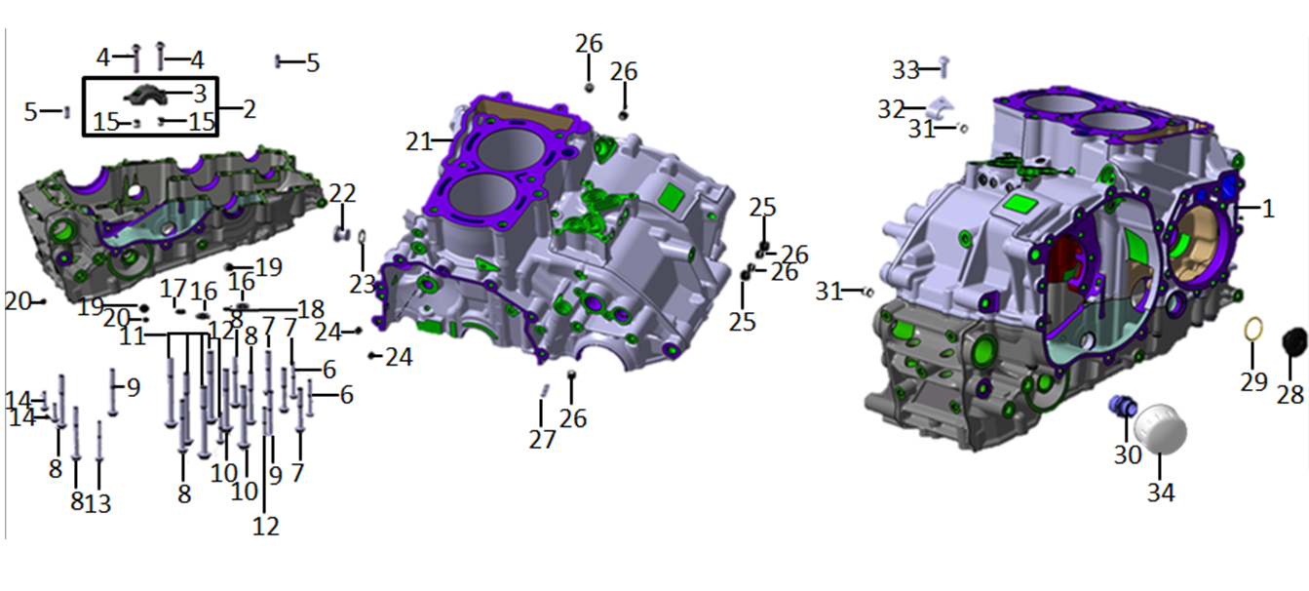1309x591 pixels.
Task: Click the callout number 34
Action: click(1161, 492)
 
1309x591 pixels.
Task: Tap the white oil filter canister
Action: click(1161, 429)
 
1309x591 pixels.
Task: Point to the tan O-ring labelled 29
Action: click(1252, 329)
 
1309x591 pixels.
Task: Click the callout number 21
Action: click(418, 141)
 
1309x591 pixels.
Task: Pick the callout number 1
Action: click(1267, 208)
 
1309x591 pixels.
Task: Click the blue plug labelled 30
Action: click(1123, 405)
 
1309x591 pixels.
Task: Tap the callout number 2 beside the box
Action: click(249, 108)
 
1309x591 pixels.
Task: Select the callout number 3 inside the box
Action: click(200, 94)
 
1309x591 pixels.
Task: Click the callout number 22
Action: click(342, 193)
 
